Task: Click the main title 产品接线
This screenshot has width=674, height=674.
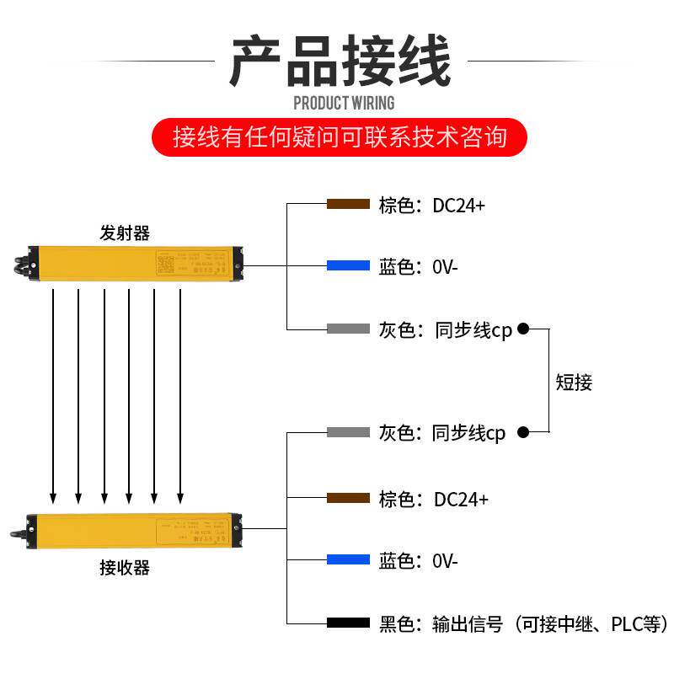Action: (340, 62)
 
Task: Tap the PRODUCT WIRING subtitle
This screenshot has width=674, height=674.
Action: (343, 104)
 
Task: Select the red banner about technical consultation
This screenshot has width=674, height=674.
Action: (340, 136)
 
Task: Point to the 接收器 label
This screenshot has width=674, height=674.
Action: (125, 568)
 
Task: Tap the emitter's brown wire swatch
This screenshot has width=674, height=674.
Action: (348, 205)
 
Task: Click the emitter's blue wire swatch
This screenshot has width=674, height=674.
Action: (348, 266)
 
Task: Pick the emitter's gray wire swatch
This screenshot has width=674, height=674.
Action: (348, 329)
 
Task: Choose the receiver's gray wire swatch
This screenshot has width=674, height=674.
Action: (348, 432)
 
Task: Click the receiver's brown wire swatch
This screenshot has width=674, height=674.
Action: (348, 499)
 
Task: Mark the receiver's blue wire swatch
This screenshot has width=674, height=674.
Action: (348, 560)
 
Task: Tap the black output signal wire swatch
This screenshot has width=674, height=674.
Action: (348, 623)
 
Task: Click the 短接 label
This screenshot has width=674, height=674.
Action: (574, 382)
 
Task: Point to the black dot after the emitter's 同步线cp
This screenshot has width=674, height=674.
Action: (523, 329)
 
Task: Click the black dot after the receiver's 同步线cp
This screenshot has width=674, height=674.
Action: (523, 432)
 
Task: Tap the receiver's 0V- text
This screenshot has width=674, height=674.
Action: (445, 561)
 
